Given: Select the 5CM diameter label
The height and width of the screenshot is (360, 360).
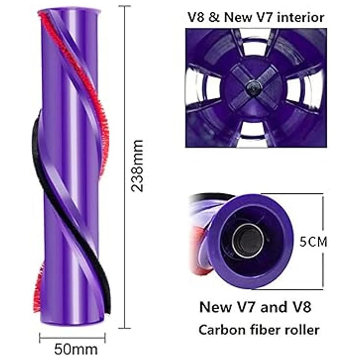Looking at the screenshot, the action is [313, 242].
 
